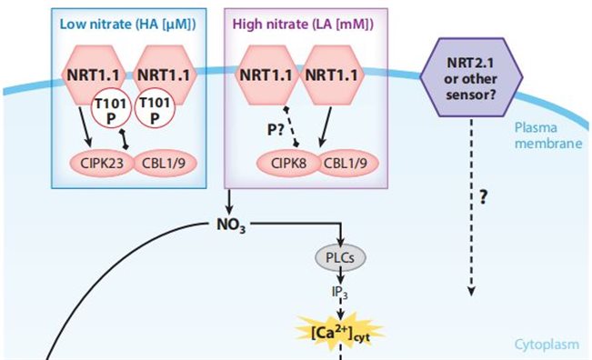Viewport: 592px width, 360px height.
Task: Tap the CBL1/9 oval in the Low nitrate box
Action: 165,164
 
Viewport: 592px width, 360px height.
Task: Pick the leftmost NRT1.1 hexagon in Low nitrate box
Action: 97,78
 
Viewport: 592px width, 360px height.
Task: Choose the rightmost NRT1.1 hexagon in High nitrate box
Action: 338,78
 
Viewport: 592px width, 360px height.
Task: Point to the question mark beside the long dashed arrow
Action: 497,197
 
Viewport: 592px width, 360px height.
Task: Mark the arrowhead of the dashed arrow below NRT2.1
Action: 471,292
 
